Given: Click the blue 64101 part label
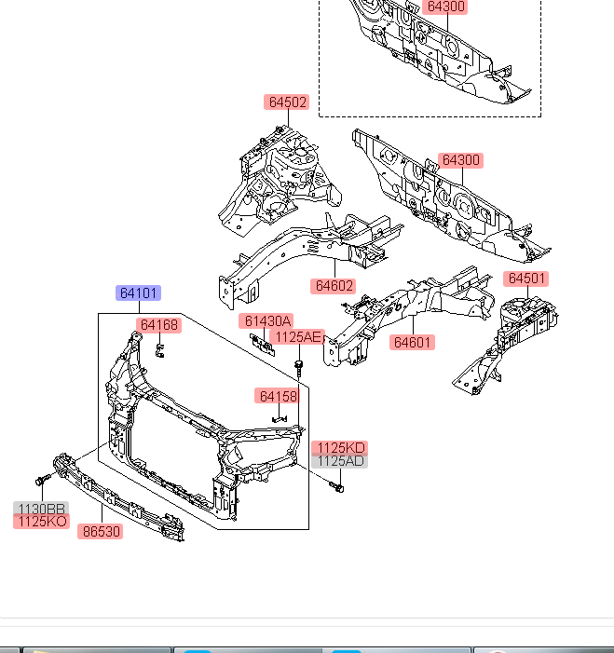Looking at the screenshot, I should [139, 293].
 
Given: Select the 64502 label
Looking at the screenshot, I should [286, 102].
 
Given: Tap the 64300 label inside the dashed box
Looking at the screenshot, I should [444, 7].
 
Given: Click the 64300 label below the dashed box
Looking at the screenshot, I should [461, 160].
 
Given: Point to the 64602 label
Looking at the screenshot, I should [334, 285].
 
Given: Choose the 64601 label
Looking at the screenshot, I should [413, 342].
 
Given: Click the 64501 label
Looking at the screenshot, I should [526, 279].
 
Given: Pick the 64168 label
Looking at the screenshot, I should [159, 325].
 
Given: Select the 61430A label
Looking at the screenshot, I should [268, 321].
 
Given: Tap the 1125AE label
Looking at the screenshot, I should [298, 336].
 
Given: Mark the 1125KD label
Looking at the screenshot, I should [339, 448].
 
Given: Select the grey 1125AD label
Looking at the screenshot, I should [339, 461].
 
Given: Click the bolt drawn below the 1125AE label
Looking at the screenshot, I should [298, 366].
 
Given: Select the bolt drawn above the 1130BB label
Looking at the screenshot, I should [41, 480].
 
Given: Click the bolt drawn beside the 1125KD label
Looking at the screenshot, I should [337, 485].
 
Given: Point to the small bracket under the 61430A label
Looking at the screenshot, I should [265, 342].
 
